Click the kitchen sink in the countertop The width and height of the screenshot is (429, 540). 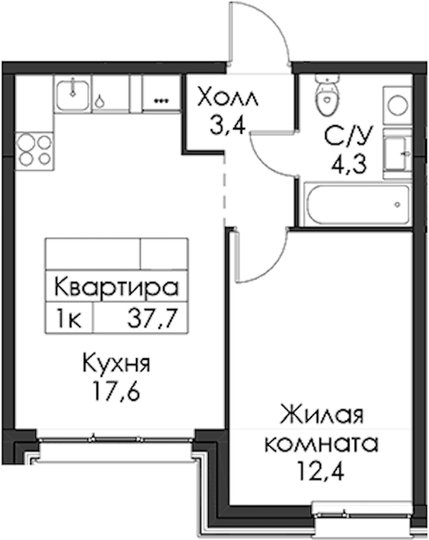click(x=73, y=94)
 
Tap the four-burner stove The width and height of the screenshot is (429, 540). click(x=35, y=151)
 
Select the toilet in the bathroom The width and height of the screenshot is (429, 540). click(x=326, y=95)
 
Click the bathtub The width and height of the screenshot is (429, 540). click(x=358, y=205)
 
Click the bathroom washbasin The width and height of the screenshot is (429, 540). click(x=398, y=153)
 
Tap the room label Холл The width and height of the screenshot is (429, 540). click(x=227, y=97)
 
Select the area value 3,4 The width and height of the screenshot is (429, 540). click(x=228, y=126)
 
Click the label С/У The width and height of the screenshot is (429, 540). click(x=348, y=137)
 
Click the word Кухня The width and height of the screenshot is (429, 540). click(x=117, y=364)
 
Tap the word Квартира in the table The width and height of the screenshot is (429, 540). click(x=117, y=287)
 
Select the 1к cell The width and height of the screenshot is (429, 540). click(x=69, y=318)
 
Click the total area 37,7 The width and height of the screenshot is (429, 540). click(x=152, y=318)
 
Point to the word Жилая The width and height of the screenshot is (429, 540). click(x=322, y=416)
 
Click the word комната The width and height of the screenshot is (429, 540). click(x=321, y=444)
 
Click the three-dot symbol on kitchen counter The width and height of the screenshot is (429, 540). click(x=161, y=101)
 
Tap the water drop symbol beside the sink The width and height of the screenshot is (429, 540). click(x=100, y=102)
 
